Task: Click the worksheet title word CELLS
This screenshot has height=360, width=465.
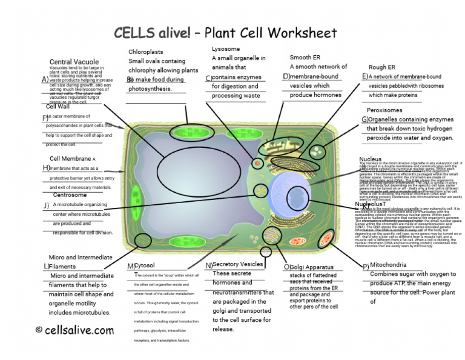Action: (135, 33)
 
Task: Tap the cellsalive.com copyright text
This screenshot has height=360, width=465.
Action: (74, 330)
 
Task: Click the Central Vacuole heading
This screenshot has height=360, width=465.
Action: (74, 62)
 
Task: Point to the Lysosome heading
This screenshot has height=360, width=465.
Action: (226, 48)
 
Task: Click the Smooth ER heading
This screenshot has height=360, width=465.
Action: (305, 58)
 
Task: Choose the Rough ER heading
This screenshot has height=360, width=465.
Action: (381, 67)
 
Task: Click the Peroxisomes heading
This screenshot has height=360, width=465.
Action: (384, 110)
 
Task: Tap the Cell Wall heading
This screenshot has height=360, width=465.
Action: (58, 107)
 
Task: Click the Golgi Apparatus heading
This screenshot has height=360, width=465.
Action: (312, 267)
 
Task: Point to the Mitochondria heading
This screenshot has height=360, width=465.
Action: (393, 265)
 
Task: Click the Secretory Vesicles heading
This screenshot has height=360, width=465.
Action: (237, 264)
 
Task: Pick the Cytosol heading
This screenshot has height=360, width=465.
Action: (144, 265)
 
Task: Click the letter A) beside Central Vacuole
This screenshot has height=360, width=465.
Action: (45, 79)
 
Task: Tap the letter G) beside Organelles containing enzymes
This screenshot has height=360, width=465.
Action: (365, 120)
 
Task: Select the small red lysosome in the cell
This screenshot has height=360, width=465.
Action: (258, 163)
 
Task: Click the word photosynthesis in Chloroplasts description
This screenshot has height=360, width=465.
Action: (148, 89)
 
